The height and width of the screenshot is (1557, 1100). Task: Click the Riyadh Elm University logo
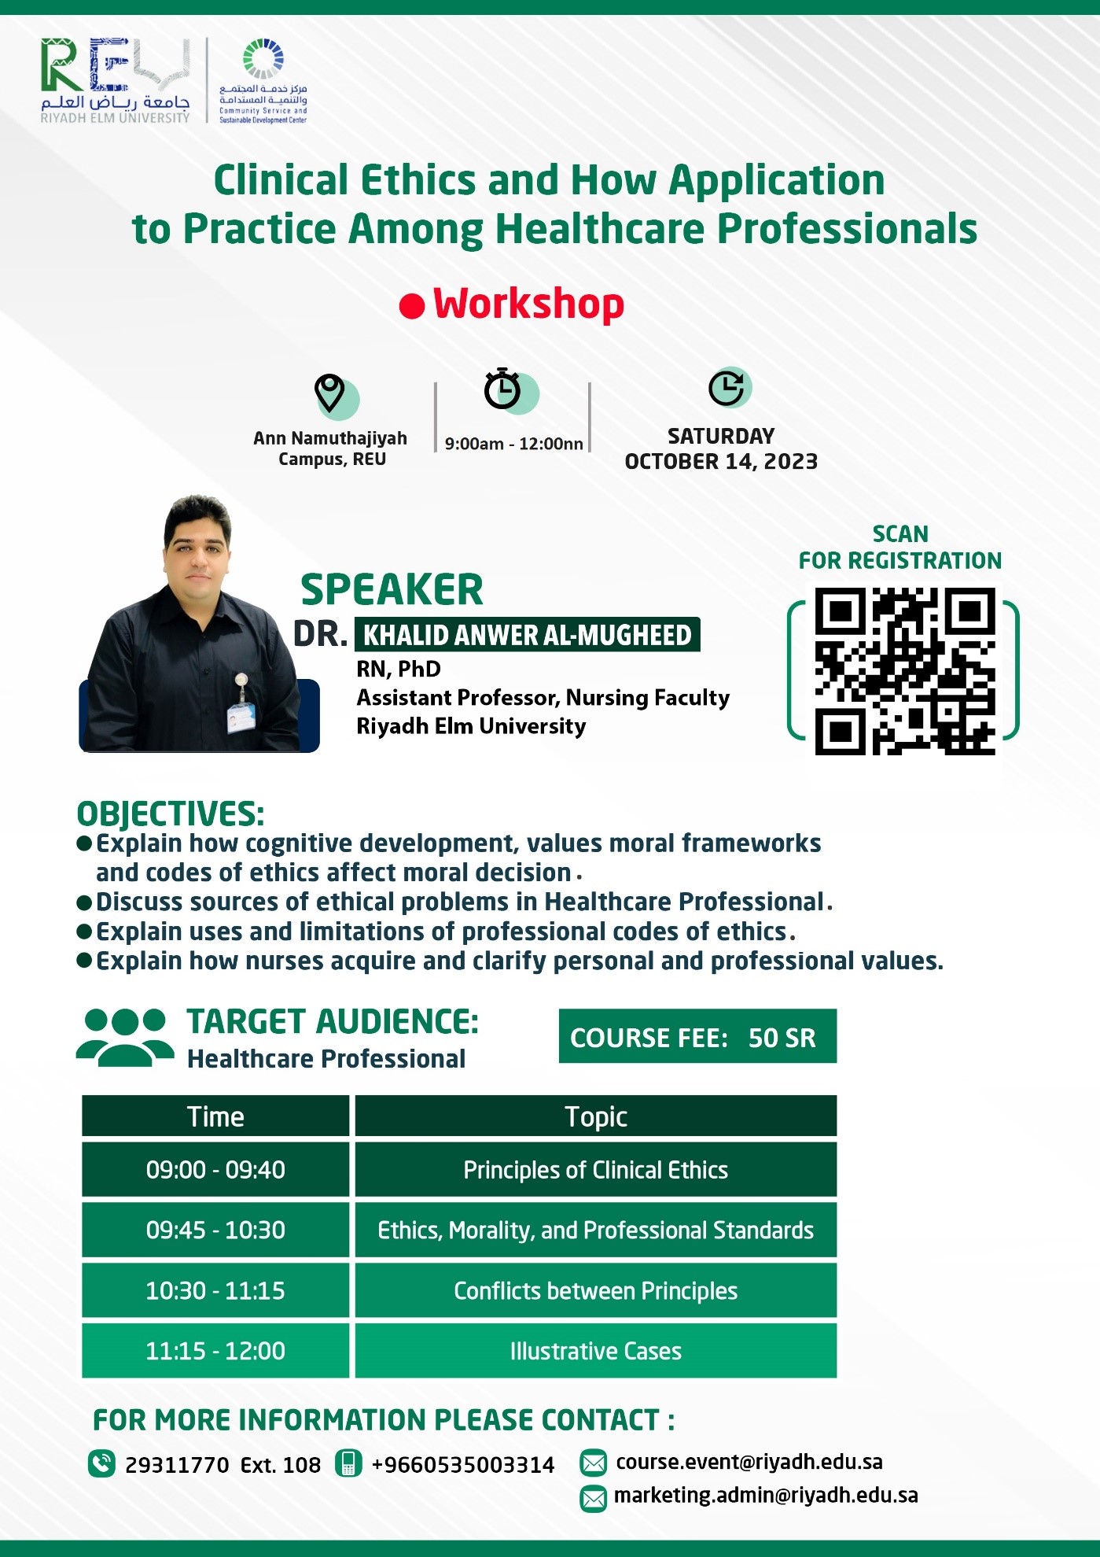tap(116, 81)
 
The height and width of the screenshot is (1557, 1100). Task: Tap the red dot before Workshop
tap(412, 305)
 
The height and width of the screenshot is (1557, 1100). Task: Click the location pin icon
tap(329, 392)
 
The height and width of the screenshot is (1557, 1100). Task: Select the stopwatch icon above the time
tap(502, 389)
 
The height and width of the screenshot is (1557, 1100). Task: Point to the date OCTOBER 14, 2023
tap(721, 462)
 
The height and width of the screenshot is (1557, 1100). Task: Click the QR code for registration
tap(904, 671)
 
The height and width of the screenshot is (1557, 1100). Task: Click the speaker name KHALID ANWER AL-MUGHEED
tap(528, 635)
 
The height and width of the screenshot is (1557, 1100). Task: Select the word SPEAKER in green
tap(392, 590)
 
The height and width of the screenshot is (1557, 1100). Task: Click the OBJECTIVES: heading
tap(171, 814)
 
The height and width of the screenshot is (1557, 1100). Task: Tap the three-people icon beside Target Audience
tap(125, 1038)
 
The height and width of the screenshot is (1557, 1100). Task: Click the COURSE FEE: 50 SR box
tap(697, 1036)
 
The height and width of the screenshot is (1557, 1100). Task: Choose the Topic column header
tap(596, 1116)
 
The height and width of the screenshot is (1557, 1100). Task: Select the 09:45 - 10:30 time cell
tap(215, 1230)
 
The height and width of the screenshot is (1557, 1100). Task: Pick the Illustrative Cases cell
tap(596, 1351)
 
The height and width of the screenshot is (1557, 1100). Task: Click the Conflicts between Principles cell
tap(596, 1290)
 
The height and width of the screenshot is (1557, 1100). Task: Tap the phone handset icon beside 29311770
tap(102, 1463)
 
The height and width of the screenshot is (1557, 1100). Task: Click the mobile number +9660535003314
tap(462, 1465)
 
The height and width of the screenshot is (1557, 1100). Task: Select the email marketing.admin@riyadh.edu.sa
tap(766, 1495)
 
